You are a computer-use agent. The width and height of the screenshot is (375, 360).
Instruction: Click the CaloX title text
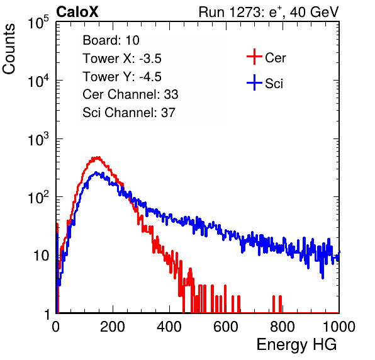point(77,12)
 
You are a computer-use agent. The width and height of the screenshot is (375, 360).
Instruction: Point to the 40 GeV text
point(314,12)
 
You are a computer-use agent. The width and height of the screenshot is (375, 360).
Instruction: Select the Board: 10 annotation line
point(111,40)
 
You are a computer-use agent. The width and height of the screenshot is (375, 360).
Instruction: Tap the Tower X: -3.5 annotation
point(122,59)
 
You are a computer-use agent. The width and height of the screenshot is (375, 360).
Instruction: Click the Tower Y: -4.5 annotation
point(122,77)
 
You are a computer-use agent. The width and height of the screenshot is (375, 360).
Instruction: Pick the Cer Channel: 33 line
point(130,94)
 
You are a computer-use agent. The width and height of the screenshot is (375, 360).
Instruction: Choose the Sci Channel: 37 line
point(129,113)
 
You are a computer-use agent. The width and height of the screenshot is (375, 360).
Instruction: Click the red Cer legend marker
point(254,57)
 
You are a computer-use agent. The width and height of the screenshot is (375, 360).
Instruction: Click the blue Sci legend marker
point(254,82)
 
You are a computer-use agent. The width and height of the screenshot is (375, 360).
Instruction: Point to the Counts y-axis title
point(9,48)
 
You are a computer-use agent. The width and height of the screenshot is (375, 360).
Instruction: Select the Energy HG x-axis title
point(296,345)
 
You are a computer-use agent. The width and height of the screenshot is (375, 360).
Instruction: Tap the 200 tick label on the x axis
point(113,327)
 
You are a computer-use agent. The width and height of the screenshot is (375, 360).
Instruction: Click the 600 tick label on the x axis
point(226,327)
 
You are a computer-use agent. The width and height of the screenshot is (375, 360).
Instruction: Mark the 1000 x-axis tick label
point(339,327)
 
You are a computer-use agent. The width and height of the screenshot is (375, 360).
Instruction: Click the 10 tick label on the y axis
point(42,256)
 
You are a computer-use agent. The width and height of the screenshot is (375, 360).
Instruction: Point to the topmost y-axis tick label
point(38,22)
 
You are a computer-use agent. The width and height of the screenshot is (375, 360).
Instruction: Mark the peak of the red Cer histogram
point(97,157)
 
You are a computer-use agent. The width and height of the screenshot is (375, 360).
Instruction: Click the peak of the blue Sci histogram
point(96,172)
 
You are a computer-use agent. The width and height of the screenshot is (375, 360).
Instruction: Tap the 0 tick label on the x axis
point(56,327)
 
